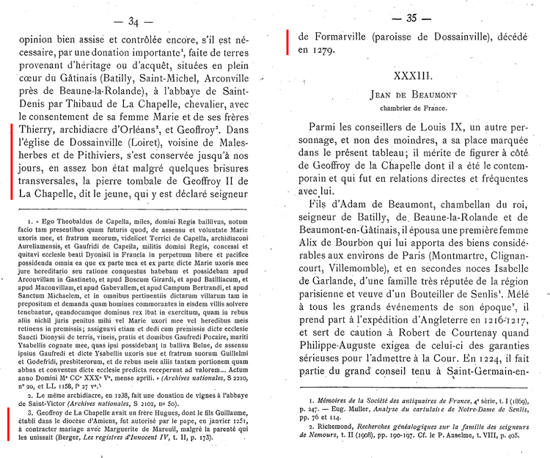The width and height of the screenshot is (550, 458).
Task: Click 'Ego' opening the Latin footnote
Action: pyautogui.click(x=48, y=219)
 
